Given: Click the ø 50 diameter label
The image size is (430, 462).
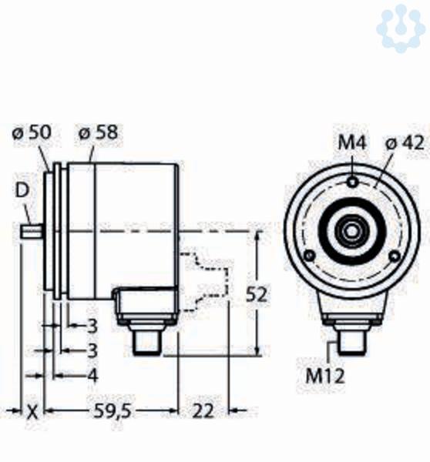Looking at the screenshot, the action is (32, 132).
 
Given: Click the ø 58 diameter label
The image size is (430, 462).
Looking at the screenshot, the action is (99, 132).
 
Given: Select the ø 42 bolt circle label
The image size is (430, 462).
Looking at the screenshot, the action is (405, 143).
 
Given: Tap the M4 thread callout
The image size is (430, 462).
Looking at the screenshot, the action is (352, 143).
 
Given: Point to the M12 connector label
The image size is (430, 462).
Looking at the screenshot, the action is (324, 377).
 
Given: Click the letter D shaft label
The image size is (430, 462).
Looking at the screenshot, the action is (22, 190).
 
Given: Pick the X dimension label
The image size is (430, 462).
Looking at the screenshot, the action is (32, 412).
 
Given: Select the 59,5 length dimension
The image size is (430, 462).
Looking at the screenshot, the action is (112, 411).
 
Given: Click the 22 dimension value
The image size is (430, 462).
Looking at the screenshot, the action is (203, 411).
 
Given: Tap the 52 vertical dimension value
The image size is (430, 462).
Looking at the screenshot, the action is (257, 294).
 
